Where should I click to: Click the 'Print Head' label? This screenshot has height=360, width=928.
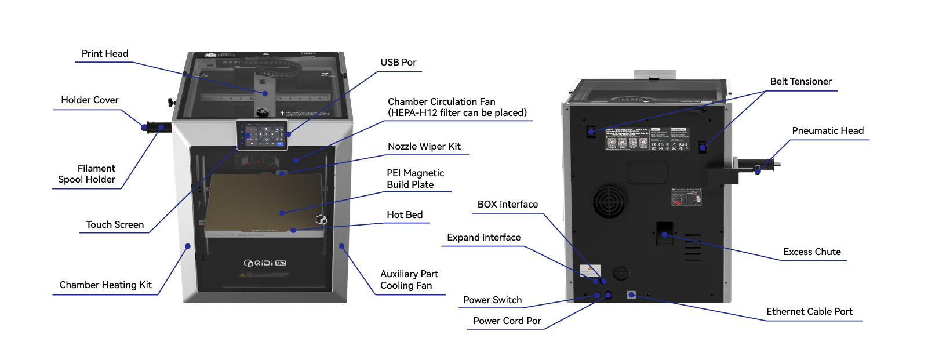[105, 54]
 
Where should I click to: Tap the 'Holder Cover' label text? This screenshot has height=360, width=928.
[90, 100]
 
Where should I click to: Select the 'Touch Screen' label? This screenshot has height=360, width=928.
[115, 225]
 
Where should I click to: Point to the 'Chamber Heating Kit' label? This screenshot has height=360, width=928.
[105, 285]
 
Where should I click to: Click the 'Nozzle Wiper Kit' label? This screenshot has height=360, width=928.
[424, 147]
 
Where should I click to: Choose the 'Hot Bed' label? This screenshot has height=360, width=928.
[405, 215]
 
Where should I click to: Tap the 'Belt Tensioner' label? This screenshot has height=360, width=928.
[800, 82]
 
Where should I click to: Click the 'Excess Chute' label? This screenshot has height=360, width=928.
[811, 252]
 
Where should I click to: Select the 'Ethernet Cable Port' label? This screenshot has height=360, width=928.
[809, 312]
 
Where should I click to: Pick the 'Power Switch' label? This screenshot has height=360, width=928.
[492, 300]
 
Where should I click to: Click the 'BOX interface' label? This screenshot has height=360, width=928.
[507, 205]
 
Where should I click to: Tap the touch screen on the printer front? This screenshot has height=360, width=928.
[263, 134]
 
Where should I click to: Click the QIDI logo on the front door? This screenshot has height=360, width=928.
[265, 263]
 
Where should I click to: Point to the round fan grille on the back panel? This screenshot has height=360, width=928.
[609, 202]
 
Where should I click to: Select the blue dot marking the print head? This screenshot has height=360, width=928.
[265, 93]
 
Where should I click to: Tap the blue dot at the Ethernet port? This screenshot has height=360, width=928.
[632, 295]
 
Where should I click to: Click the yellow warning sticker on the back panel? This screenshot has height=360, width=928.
[590, 271]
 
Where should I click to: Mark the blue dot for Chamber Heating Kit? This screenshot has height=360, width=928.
[188, 246]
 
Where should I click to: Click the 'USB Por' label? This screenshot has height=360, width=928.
[398, 63]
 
